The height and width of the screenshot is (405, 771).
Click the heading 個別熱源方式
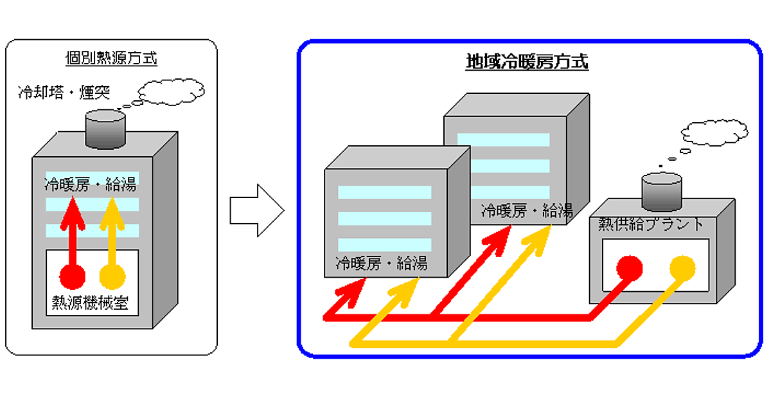pyautogui.click(x=112, y=59)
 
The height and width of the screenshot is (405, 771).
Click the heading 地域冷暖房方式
pyautogui.click(x=526, y=62)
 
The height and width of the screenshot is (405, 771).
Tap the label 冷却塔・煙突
pyautogui.click(x=64, y=93)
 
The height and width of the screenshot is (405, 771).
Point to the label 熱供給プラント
pyautogui.click(x=651, y=225)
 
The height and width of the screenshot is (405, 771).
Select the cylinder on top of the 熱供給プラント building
pyautogui.click(x=662, y=192)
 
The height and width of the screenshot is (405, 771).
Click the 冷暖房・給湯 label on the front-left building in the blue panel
pyautogui.click(x=381, y=264)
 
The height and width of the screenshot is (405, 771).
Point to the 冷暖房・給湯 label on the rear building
pyautogui.click(x=526, y=210)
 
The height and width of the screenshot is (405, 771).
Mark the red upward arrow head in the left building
pyautogui.click(x=72, y=209)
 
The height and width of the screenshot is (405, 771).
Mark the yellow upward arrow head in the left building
pyautogui.click(x=113, y=209)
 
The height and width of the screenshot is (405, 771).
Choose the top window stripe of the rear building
pyautogui.click(x=503, y=139)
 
